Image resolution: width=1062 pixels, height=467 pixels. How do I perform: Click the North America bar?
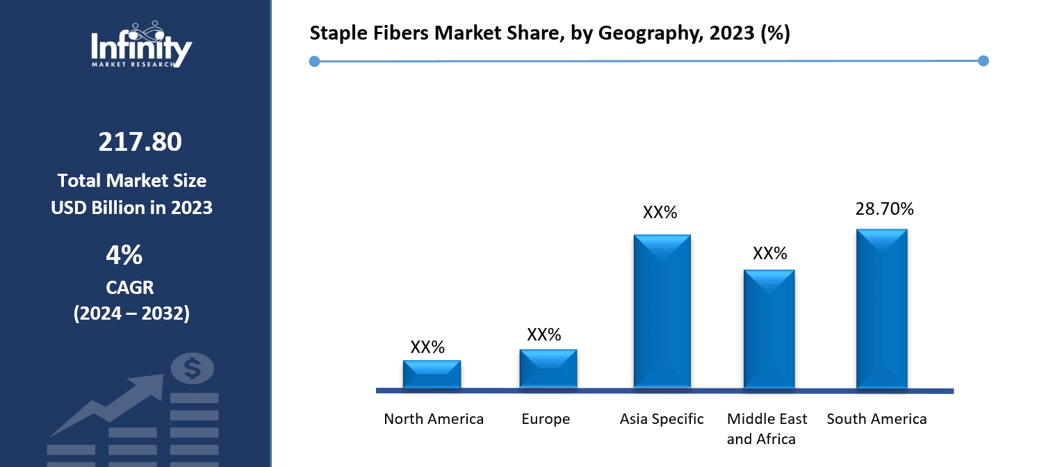pyautogui.click(x=432, y=374)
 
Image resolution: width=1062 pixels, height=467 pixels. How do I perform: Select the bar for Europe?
pyautogui.click(x=548, y=368)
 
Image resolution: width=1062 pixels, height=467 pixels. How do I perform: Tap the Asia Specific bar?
pyautogui.click(x=662, y=311)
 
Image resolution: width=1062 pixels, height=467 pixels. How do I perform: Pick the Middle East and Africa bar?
pyautogui.click(x=769, y=329)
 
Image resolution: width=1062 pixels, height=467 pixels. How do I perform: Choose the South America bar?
pyautogui.click(x=881, y=309)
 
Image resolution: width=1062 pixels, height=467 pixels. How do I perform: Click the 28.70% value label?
pyautogui.click(x=884, y=208)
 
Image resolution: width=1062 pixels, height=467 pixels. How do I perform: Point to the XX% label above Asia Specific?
pyautogui.click(x=660, y=213)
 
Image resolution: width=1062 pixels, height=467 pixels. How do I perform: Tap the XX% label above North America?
pyautogui.click(x=427, y=347)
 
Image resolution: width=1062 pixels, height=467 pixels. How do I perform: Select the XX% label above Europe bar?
pyautogui.click(x=544, y=335)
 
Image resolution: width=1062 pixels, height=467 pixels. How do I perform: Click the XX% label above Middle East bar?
pyautogui.click(x=769, y=254)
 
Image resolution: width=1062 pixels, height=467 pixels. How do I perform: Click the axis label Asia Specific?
pyautogui.click(x=662, y=419)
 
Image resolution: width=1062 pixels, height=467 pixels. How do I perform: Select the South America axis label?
pyautogui.click(x=876, y=419)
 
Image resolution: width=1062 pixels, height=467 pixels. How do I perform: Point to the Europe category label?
pyautogui.click(x=546, y=419)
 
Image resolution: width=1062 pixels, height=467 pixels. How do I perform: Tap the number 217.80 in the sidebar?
pyautogui.click(x=140, y=142)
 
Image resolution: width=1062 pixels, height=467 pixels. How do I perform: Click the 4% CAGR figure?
pyautogui.click(x=124, y=256)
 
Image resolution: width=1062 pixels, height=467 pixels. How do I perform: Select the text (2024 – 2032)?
pyautogui.click(x=131, y=313)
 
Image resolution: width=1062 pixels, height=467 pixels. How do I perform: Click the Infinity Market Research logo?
pyautogui.click(x=141, y=45)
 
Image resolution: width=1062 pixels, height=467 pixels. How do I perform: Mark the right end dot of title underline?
pyautogui.click(x=983, y=61)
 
